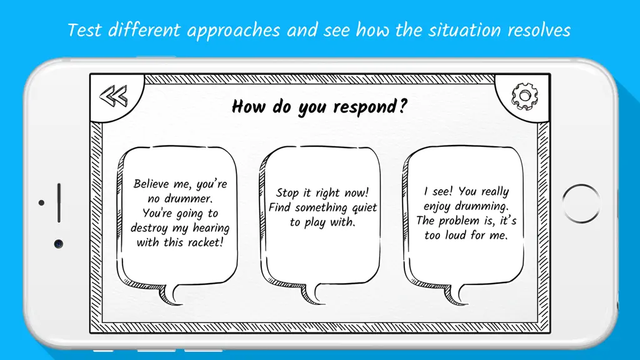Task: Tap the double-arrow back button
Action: click(114, 96)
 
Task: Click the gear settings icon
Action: click(524, 96)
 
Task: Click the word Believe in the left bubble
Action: click(151, 184)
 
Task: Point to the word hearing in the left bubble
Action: click(211, 228)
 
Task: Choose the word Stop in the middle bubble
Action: click(287, 192)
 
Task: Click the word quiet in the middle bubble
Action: click(364, 207)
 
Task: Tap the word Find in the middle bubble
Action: click(279, 207)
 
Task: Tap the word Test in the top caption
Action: click(84, 30)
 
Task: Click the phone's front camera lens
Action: click(59, 244)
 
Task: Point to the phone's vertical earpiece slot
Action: click(59, 203)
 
